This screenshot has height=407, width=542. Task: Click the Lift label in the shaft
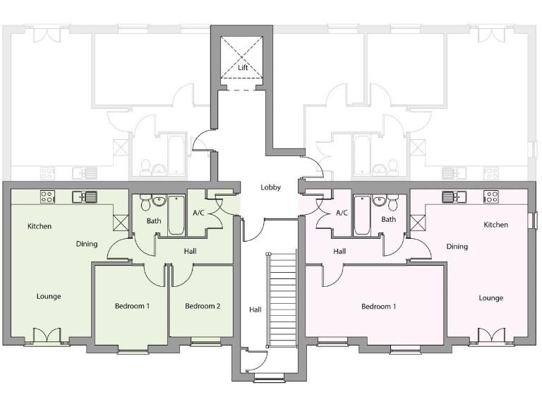[243, 68]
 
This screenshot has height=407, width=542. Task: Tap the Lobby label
[271, 187]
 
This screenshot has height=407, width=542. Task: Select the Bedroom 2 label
[203, 306]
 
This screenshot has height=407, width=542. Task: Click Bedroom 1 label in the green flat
[132, 306]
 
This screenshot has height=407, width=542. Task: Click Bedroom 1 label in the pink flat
[378, 306]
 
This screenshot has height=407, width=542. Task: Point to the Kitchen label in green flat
[40, 226]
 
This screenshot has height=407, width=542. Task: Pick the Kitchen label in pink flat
[495, 225]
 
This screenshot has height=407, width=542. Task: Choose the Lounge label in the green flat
[49, 296]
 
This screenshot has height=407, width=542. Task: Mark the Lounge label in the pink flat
[490, 297]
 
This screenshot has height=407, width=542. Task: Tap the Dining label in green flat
[87, 244]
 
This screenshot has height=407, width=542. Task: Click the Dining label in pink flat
[457, 247]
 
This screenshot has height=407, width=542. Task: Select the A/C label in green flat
[198, 212]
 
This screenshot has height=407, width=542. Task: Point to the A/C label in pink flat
[342, 212]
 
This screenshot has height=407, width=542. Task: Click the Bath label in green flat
[154, 221]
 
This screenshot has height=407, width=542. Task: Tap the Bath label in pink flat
[389, 220]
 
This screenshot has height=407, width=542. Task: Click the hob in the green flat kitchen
[48, 197]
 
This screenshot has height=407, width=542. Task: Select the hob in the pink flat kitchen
[492, 197]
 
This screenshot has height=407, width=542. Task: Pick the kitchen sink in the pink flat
[450, 197]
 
